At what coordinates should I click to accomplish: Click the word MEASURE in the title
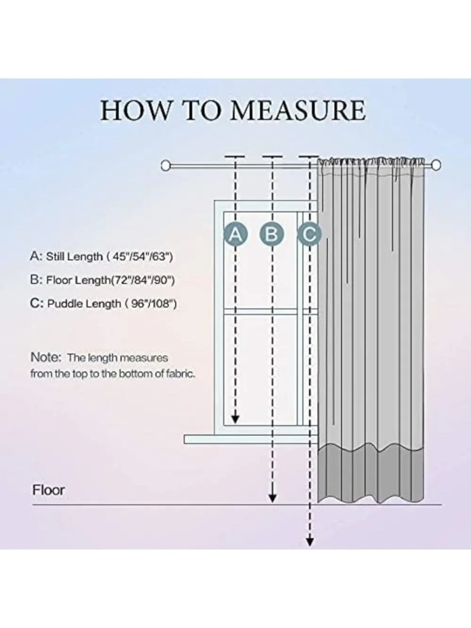point(298,110)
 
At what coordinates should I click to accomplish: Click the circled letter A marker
point(235,234)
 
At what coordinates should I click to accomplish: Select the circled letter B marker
point(272,234)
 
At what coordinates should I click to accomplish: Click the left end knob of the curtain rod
point(166,166)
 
